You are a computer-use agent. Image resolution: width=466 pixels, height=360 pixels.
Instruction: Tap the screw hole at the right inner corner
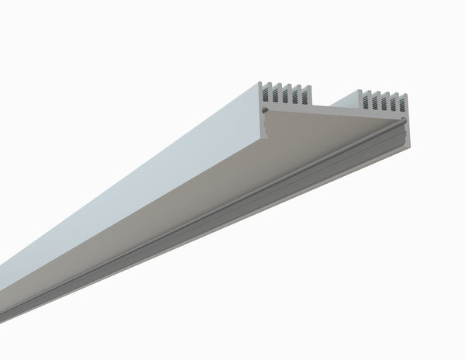405,120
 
